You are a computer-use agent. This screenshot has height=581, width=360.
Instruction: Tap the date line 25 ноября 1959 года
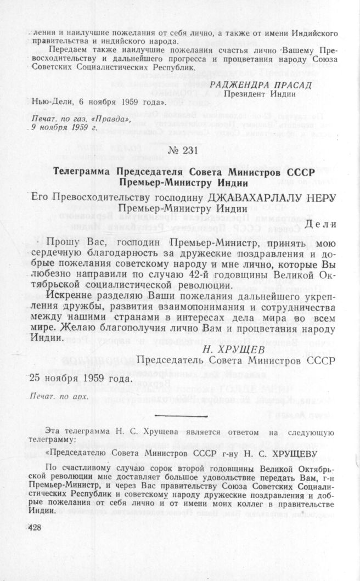point(80,378)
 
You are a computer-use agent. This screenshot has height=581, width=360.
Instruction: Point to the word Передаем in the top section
point(66,49)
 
